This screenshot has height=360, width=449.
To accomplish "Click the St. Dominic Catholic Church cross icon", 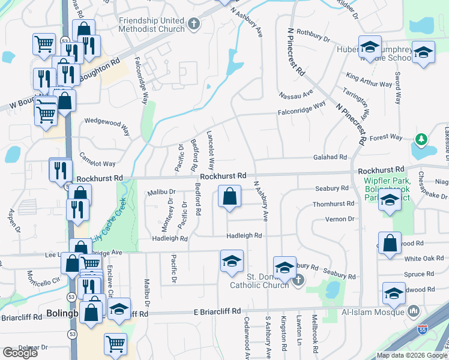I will (299, 279).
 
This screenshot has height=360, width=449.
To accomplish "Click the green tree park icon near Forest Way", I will (421, 140).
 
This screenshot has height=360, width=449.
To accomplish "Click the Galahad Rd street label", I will (330, 157).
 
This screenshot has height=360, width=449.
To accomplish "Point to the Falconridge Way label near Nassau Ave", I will (301, 108).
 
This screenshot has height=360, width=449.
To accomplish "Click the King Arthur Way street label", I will (369, 80).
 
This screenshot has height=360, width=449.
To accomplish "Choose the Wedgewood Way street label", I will (107, 126).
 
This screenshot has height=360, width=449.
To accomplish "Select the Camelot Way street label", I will (97, 163).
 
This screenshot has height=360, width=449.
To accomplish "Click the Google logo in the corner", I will (20, 353).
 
